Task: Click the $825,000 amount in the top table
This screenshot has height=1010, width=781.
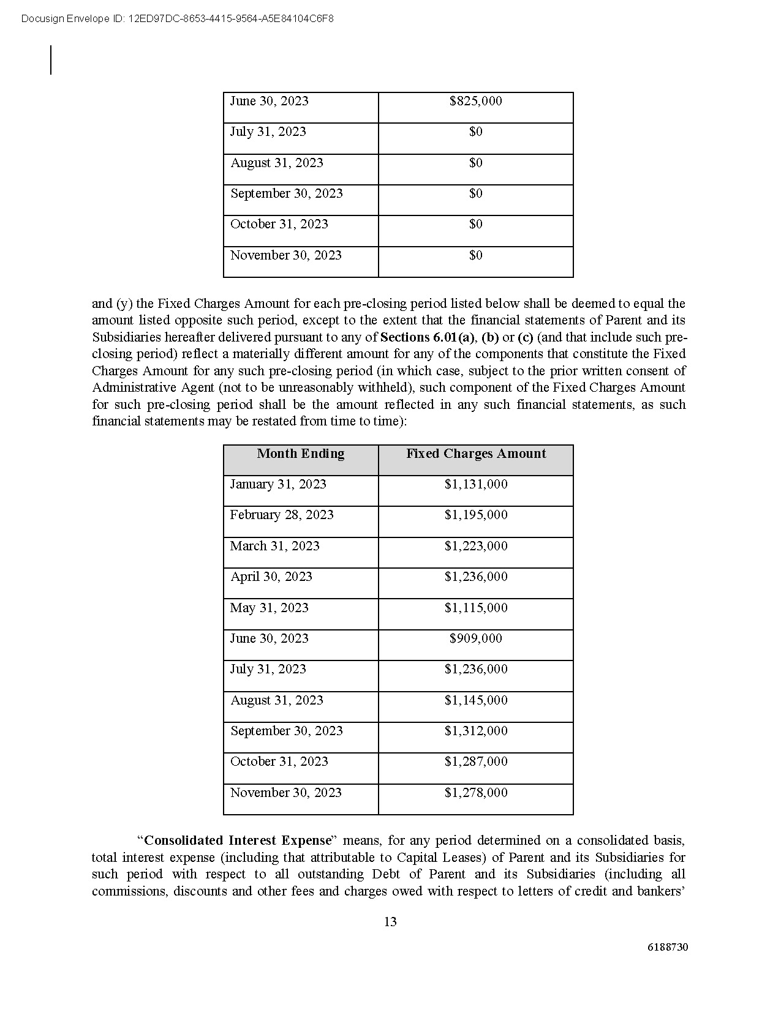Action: [475, 101]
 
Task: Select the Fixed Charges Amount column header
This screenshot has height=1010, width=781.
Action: [476, 454]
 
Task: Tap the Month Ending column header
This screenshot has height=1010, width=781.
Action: [300, 454]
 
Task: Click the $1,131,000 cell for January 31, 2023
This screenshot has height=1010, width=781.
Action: [476, 484]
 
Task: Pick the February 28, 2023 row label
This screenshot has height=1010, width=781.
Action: [282, 515]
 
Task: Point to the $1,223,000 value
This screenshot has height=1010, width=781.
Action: [476, 546]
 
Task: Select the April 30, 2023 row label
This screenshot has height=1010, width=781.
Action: [271, 577]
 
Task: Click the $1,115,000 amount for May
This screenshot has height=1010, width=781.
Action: [476, 608]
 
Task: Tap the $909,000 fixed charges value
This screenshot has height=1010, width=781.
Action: [475, 638]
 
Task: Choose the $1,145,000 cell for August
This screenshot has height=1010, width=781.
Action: [476, 700]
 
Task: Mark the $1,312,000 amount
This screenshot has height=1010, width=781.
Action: [476, 731]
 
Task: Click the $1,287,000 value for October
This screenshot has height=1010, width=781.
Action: [476, 761]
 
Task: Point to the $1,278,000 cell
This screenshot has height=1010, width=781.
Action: [476, 793]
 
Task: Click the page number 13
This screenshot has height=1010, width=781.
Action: [390, 922]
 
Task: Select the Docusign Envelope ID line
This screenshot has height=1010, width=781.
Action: [178, 19]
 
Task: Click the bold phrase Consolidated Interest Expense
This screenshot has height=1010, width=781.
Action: [238, 840]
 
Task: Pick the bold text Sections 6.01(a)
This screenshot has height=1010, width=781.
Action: [428, 337]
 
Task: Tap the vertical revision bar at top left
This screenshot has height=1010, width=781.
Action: [51, 60]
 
